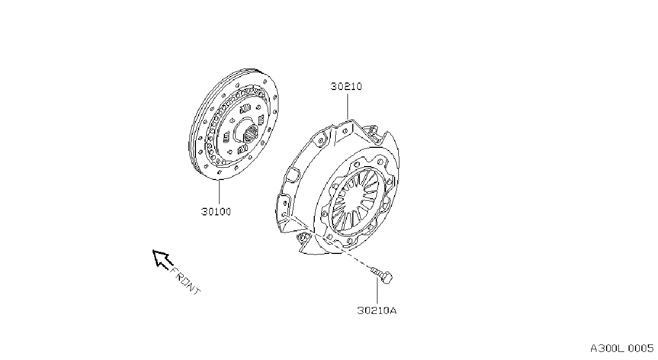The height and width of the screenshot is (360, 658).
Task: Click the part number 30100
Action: [x=216, y=212]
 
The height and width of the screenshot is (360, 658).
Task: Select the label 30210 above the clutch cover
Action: [x=346, y=86]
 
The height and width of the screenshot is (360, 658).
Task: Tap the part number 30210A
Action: [x=377, y=310]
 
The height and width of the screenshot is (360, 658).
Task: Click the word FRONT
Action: [x=185, y=281]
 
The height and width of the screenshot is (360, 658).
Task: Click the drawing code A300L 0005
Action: [x=622, y=348]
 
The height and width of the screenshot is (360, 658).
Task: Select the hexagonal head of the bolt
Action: [x=387, y=277]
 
